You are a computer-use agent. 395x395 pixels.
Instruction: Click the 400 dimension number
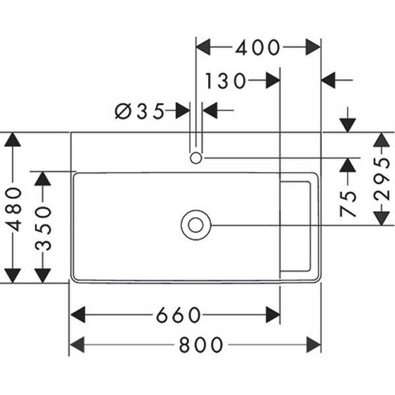click(x=258, y=47)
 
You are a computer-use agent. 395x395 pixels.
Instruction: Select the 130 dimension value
click(x=225, y=81)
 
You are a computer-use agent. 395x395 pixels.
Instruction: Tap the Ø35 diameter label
click(x=140, y=111)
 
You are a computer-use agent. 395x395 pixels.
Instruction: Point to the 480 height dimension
click(x=13, y=208)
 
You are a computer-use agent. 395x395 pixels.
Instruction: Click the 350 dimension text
click(x=43, y=227)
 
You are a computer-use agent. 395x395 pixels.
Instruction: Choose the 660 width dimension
click(x=178, y=315)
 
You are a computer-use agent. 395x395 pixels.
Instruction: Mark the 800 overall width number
click(x=201, y=344)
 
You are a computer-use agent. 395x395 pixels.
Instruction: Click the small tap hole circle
click(x=196, y=158)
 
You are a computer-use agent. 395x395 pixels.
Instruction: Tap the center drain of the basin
click(x=196, y=225)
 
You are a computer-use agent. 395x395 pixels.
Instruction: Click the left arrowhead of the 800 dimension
click(x=78, y=344)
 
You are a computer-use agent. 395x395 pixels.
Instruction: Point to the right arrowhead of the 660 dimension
click(x=273, y=315)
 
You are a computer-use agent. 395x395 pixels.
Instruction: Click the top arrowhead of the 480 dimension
click(x=13, y=140)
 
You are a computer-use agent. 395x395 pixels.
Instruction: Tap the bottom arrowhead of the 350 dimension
click(x=43, y=275)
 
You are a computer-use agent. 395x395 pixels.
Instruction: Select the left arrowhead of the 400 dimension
click(x=204, y=47)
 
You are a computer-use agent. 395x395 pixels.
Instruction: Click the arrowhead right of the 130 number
click(x=273, y=81)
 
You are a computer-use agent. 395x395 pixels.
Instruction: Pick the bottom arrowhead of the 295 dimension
click(x=381, y=217)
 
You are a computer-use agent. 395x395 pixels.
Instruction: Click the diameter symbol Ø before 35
click(x=123, y=111)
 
